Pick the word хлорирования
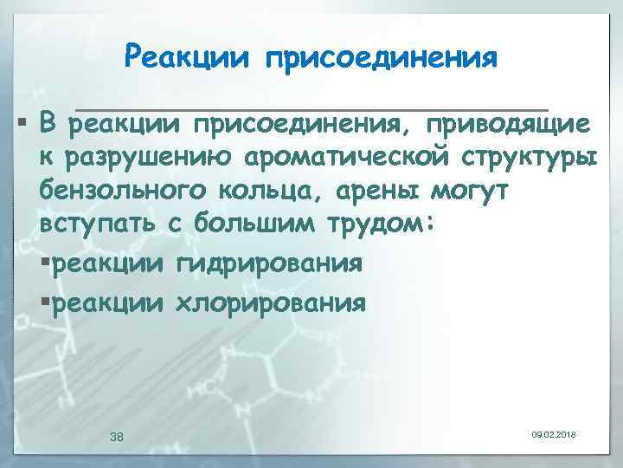(x=269, y=303)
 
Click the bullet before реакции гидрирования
(x=46, y=263)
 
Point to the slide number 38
(x=118, y=437)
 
